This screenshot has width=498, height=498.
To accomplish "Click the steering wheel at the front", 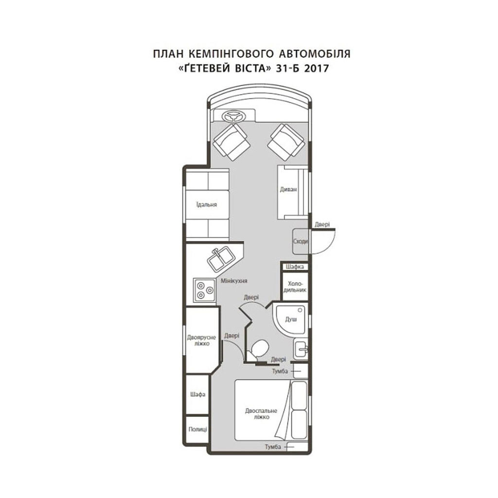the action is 234,116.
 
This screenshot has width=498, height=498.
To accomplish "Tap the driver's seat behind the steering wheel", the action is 231,142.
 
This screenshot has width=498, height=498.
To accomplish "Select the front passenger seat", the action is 287,142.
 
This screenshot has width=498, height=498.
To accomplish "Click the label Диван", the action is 288,190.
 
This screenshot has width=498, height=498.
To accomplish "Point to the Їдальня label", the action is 206,205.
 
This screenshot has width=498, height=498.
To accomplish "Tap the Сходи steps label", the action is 300,241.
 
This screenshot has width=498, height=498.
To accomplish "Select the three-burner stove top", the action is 205,290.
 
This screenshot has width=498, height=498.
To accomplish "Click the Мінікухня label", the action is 234,281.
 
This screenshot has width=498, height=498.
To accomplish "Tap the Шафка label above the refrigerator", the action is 295,267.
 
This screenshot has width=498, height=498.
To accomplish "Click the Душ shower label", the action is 291,319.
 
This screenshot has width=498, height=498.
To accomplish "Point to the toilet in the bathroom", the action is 258,350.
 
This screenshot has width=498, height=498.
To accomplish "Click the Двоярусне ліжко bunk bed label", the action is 201,340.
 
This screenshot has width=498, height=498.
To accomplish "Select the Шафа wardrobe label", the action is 197,394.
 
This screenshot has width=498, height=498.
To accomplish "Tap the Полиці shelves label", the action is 197,429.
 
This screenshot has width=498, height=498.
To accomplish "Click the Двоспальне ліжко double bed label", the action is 261,413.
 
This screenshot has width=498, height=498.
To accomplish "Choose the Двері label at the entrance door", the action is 322,225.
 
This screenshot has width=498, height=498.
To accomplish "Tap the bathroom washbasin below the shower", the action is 300,349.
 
